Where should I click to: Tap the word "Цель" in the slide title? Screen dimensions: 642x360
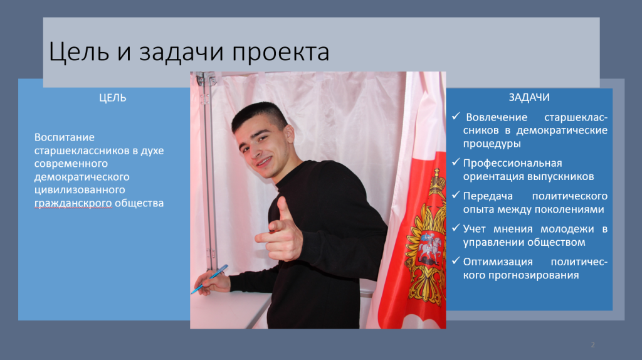(79, 52)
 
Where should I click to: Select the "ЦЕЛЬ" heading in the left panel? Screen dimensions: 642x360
(113, 98)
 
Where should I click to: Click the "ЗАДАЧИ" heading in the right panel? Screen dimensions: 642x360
(529, 97)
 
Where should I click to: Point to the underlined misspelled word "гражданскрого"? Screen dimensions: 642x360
(73, 203)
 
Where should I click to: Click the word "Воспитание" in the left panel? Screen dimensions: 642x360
(65, 137)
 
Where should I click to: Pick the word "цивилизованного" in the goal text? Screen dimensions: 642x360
(80, 190)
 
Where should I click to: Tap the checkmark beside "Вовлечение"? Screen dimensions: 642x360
(456, 116)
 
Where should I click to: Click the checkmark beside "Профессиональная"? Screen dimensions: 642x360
(456, 162)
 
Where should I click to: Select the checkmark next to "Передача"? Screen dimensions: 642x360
(456, 195)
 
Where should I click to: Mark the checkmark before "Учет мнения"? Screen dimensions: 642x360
(456, 228)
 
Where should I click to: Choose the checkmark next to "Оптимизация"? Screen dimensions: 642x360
(456, 260)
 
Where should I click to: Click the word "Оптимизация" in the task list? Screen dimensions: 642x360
(498, 262)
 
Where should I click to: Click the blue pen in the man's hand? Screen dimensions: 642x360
(209, 279)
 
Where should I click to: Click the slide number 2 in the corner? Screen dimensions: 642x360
(592, 345)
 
